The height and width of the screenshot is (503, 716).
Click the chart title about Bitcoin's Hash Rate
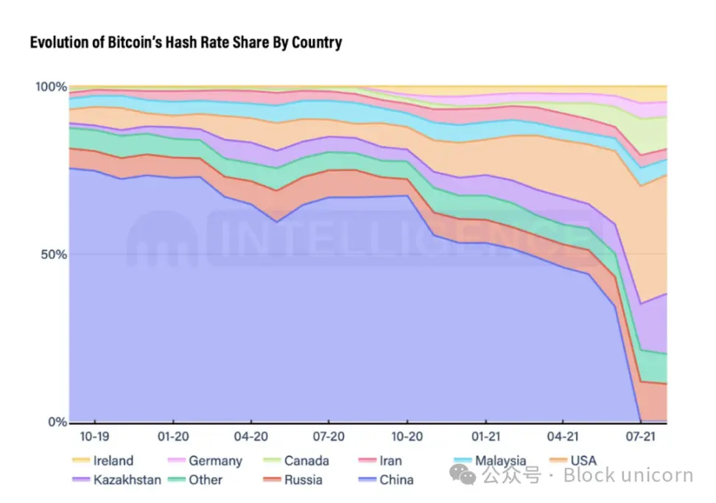(x=186, y=43)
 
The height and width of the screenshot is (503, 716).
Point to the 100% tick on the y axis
(x=52, y=87)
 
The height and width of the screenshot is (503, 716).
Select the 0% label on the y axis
(x=57, y=422)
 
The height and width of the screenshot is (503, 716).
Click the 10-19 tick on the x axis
(x=96, y=437)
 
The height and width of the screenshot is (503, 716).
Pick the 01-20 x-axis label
(x=173, y=437)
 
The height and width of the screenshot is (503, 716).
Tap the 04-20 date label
(x=250, y=437)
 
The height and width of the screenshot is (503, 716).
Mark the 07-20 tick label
(x=329, y=437)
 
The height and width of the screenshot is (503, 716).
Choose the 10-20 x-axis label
(x=407, y=437)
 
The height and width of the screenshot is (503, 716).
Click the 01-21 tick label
(x=485, y=437)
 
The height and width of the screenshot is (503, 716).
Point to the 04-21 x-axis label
(x=562, y=437)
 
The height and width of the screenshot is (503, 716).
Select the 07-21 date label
(x=639, y=437)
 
